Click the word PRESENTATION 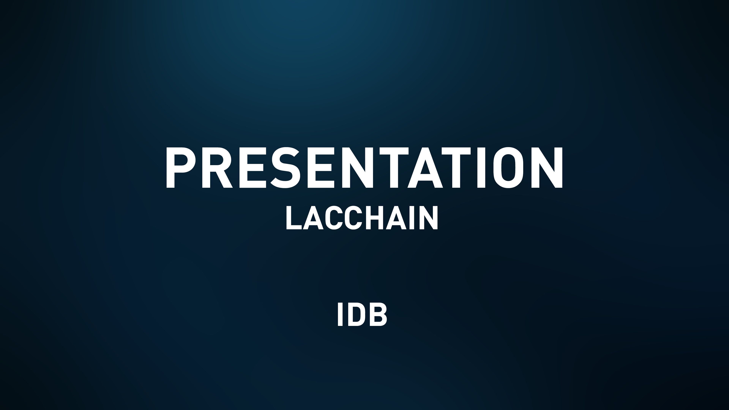point(364,167)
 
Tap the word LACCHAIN point(362,217)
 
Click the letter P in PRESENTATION point(180,167)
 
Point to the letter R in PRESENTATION point(217,167)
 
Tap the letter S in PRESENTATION point(285,167)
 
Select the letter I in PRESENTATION point(482,167)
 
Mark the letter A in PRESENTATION point(425,167)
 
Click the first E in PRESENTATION point(253,167)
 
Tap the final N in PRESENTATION point(547,167)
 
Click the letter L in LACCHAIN point(293,217)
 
